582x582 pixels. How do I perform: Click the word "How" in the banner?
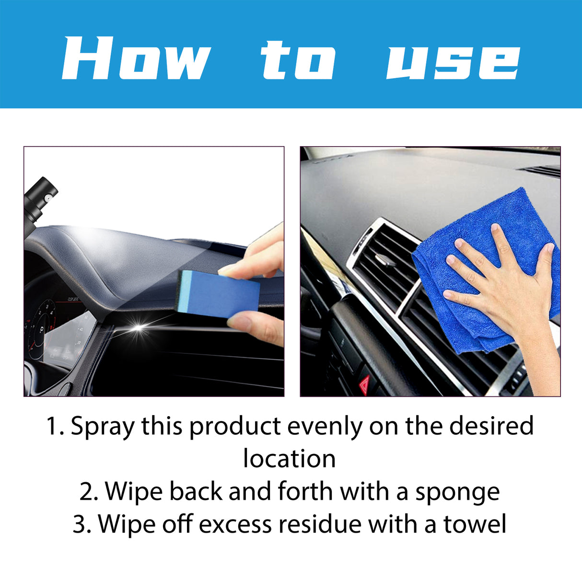[x=136, y=58]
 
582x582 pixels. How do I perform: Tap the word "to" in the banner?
[x=298, y=59]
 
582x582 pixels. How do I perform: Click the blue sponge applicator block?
[x=221, y=292]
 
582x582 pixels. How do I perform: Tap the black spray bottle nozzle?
[x=41, y=197]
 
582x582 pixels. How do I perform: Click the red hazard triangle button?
[x=365, y=384]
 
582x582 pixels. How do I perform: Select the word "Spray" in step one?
[x=102, y=426]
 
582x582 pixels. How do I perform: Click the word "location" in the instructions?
[x=289, y=459]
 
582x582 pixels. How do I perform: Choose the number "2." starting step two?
[x=89, y=492]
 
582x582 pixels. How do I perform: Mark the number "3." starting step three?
[x=82, y=524]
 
